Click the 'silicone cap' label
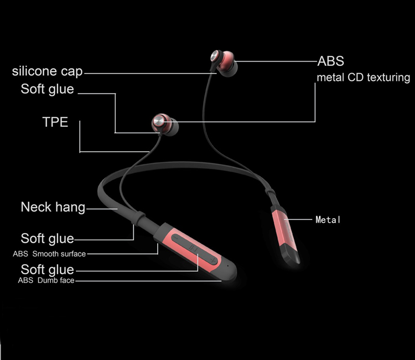[48, 71]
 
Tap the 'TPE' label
[55, 122]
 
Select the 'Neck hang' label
[53, 208]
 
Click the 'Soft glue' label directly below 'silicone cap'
[47, 89]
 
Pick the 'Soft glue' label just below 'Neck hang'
[47, 239]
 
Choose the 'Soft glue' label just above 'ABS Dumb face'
[47, 270]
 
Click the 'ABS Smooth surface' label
[49, 254]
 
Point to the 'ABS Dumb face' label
[46, 281]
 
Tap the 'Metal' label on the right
[328, 220]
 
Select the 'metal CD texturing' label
[363, 78]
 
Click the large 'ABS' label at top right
[330, 60]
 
